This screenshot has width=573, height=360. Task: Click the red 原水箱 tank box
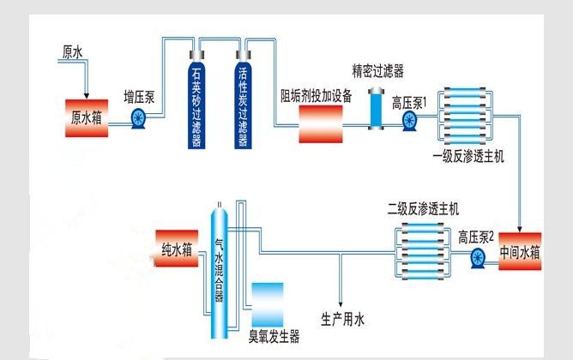tap(86, 118)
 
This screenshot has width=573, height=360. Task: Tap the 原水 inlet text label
tap(72, 52)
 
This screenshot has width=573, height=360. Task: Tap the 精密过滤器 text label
tap(377, 69)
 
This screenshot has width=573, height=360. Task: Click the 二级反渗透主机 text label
tap(424, 208)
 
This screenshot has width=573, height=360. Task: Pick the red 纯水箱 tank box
tap(178, 249)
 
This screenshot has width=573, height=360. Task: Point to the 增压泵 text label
tap(140, 95)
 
